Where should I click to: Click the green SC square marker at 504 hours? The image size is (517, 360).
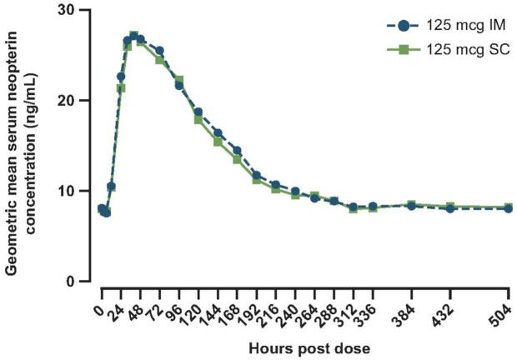click(509, 207)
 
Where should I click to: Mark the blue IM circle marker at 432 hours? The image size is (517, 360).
click(450, 208)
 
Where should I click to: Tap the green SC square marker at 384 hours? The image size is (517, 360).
click(411, 204)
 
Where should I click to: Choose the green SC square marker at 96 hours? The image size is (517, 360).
click(179, 81)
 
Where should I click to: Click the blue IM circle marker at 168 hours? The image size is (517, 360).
click(237, 151)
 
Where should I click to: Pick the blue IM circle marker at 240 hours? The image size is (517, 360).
click(295, 191)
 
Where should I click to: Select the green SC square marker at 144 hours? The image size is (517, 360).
click(218, 142)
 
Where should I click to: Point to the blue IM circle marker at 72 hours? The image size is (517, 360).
click(159, 51)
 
